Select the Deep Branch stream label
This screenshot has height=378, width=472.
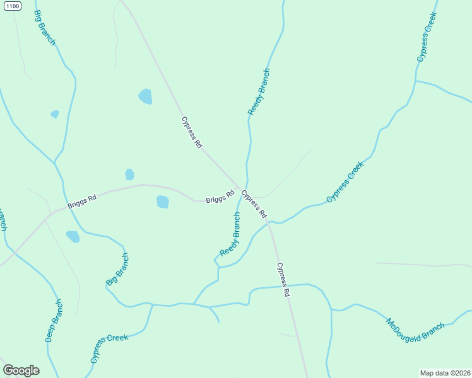pos(54,320)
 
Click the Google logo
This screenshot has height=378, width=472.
pos(21,370)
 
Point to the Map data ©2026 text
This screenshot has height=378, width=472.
pos(445,372)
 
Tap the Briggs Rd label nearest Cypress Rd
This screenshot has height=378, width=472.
pos(220,197)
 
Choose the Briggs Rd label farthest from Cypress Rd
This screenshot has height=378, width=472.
pos(82,202)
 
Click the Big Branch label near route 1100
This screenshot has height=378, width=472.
pos(45,28)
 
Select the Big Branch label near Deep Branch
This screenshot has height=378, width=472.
pos(117,269)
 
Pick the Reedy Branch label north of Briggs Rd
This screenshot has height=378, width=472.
pos(259,91)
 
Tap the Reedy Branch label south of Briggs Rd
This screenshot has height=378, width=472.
pos(230,234)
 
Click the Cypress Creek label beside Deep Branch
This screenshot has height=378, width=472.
pos(109,348)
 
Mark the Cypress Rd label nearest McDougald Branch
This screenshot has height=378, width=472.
pos(283,280)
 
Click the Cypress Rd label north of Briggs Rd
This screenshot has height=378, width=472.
pos(192,132)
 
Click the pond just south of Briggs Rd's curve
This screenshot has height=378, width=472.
pos(163,202)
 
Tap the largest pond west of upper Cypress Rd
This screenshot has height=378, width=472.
pos(146,96)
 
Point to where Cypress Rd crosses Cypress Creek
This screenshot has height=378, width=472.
pos(269,222)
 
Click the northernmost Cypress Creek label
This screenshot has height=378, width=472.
pos(427,38)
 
